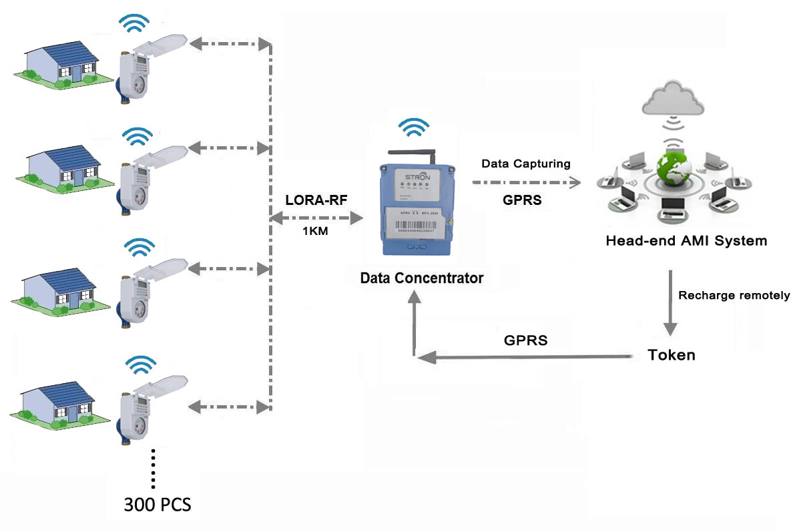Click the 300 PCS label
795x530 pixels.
[x=158, y=505]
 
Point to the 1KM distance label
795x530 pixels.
[x=315, y=232]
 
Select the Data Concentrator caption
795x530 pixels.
[x=421, y=278]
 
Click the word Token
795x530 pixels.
[x=672, y=355]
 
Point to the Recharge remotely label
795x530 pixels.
[x=734, y=295]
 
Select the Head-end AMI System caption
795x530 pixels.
[x=686, y=240]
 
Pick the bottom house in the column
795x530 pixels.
[x=59, y=401]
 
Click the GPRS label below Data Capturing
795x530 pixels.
[x=523, y=200]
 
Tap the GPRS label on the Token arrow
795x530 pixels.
[x=526, y=340]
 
